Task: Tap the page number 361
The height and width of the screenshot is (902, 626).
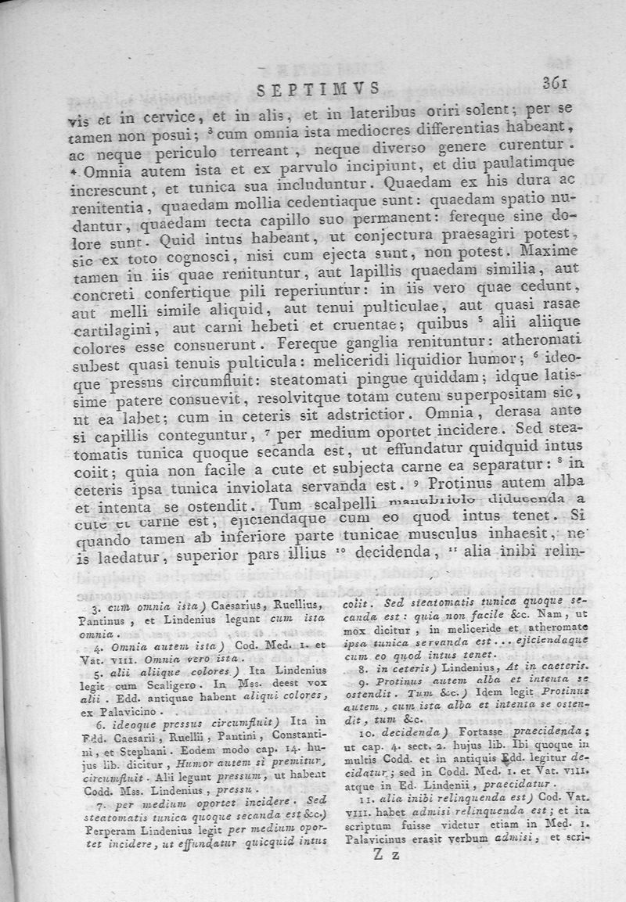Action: tap(556, 84)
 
